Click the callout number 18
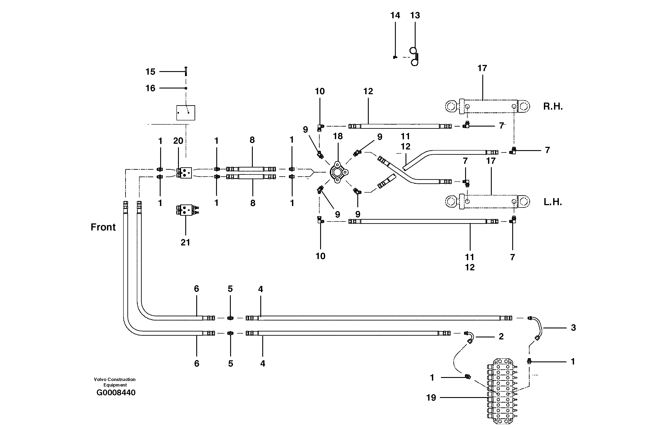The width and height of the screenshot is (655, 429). (338, 136)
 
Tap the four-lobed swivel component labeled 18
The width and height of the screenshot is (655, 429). (338, 172)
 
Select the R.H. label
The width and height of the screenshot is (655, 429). (553, 106)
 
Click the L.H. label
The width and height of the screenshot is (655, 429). (552, 202)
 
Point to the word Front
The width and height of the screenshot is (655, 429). (103, 227)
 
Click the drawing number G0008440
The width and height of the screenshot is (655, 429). (116, 392)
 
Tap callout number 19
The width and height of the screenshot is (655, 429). (431, 398)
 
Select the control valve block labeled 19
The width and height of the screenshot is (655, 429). (502, 391)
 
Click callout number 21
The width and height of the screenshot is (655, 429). (185, 242)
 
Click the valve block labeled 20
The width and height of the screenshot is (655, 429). (184, 173)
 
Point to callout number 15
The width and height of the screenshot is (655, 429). (150, 72)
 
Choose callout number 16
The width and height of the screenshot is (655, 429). (150, 88)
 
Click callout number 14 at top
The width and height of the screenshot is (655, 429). (395, 15)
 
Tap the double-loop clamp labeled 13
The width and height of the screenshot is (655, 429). (414, 56)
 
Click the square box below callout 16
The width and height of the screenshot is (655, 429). (185, 113)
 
